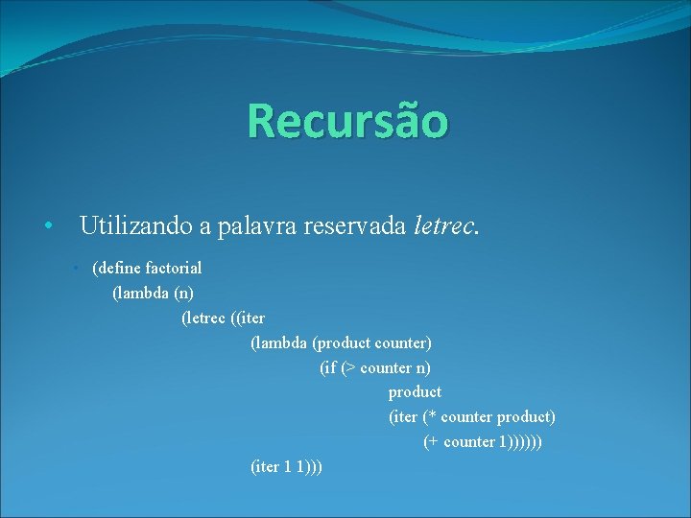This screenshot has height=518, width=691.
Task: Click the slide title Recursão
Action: pyautogui.click(x=346, y=121)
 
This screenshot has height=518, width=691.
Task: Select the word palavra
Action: pyautogui.click(x=257, y=227)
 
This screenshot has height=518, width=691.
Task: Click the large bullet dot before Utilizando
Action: pyautogui.click(x=47, y=228)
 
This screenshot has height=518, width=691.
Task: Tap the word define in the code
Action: pyautogui.click(x=121, y=268)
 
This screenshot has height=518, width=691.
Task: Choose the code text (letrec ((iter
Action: pyautogui.click(x=223, y=318)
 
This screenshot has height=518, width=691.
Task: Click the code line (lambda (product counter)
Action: pyautogui.click(x=341, y=342)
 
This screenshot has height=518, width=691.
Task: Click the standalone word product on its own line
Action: pyautogui.click(x=415, y=392)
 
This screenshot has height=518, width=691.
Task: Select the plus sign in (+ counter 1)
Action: pyautogui.click(x=434, y=442)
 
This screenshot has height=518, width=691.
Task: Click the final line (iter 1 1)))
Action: pyautogui.click(x=285, y=467)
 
